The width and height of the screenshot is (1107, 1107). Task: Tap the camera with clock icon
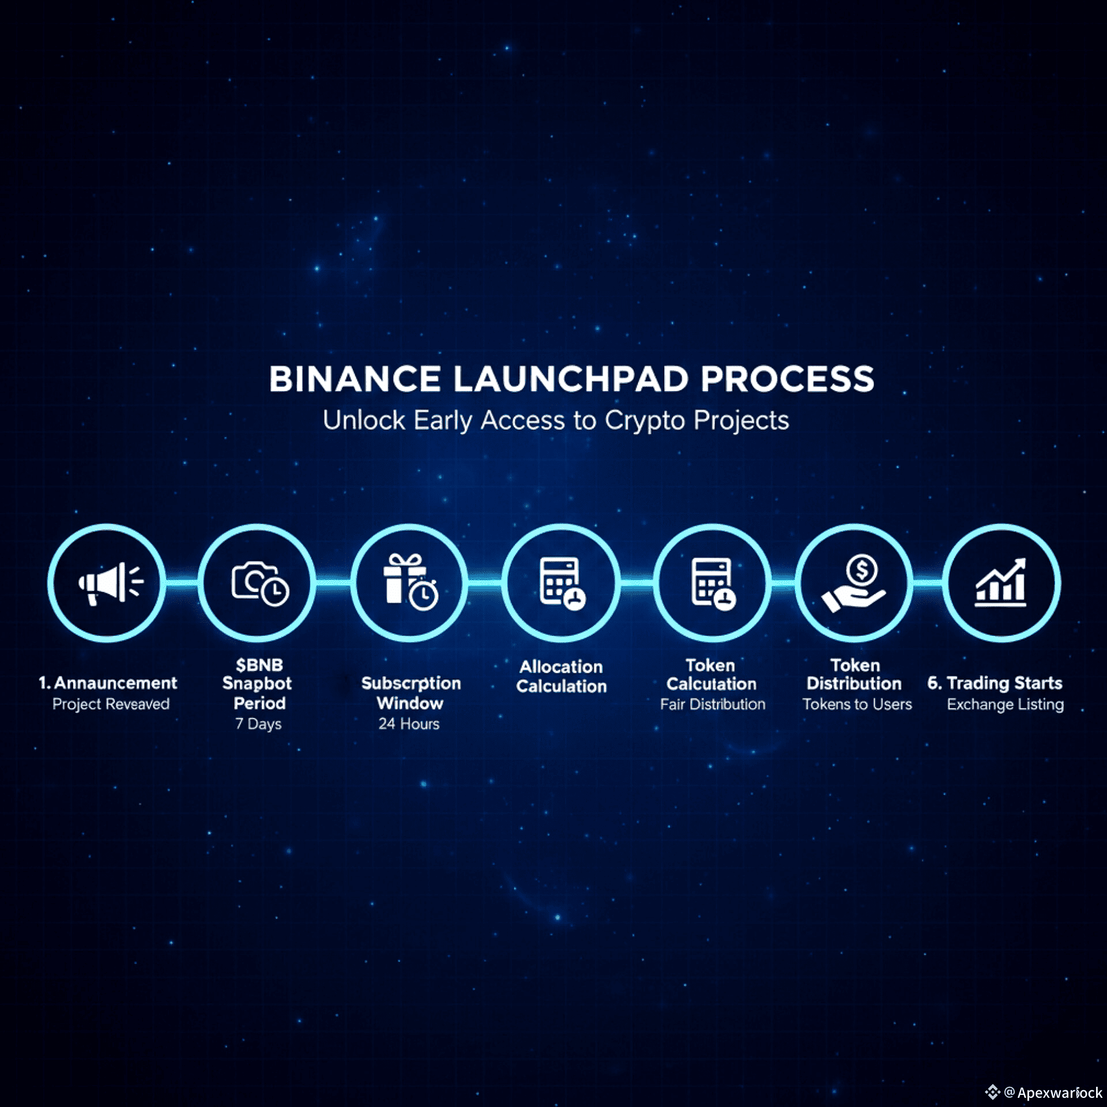pyautogui.click(x=259, y=583)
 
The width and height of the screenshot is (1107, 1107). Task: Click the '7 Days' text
pyautogui.click(x=258, y=724)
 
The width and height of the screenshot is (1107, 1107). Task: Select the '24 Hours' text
pyautogui.click(x=409, y=724)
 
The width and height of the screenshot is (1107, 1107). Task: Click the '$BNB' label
pyautogui.click(x=259, y=665)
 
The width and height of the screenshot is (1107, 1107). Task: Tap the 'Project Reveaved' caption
pyautogui.click(x=111, y=704)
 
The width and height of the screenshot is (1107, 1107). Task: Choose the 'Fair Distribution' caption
pyautogui.click(x=713, y=704)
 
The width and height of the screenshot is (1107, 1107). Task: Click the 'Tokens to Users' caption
pyautogui.click(x=857, y=704)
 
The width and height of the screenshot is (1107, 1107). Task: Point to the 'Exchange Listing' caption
pyautogui.click(x=1005, y=704)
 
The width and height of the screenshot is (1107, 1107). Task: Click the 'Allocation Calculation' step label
pyautogui.click(x=562, y=676)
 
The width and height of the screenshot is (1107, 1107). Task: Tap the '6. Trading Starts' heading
pyautogui.click(x=995, y=683)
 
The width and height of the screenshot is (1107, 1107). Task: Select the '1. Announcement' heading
pyautogui.click(x=108, y=683)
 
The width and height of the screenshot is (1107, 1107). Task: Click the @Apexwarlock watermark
pyautogui.click(x=1052, y=1093)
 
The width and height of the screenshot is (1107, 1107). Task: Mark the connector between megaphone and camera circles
pyautogui.click(x=182, y=583)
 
